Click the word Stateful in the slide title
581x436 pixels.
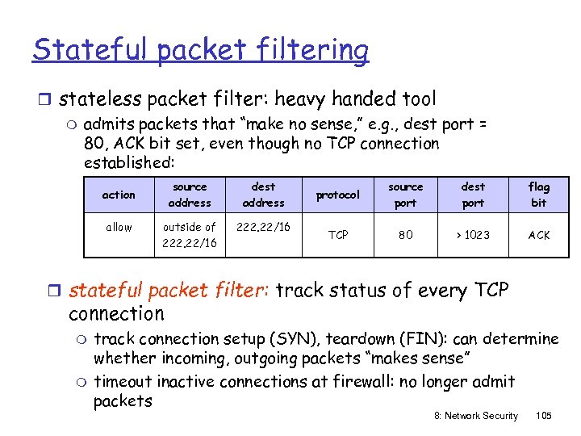(90, 50)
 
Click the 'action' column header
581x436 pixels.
(119, 195)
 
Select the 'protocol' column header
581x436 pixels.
(338, 195)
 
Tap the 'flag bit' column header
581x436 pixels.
(538, 195)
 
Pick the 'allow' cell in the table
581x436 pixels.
(119, 227)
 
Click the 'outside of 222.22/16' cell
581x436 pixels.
(190, 235)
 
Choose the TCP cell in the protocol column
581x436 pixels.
(338, 235)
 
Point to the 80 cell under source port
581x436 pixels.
(405, 235)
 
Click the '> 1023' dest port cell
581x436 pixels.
(473, 235)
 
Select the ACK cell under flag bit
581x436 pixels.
(538, 235)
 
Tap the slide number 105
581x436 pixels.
(543, 415)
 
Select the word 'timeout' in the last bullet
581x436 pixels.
(123, 381)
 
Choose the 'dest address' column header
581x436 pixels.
(264, 195)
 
